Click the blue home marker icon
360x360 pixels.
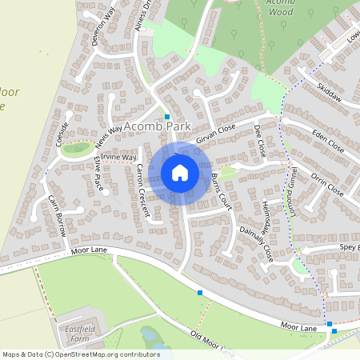tap(180, 173)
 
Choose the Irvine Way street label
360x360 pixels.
tap(119, 158)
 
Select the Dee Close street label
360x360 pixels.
tap(259, 141)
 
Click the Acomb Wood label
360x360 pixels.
tap(280, 8)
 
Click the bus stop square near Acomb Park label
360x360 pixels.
tap(167, 117)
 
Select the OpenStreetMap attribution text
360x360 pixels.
tap(81, 354)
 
